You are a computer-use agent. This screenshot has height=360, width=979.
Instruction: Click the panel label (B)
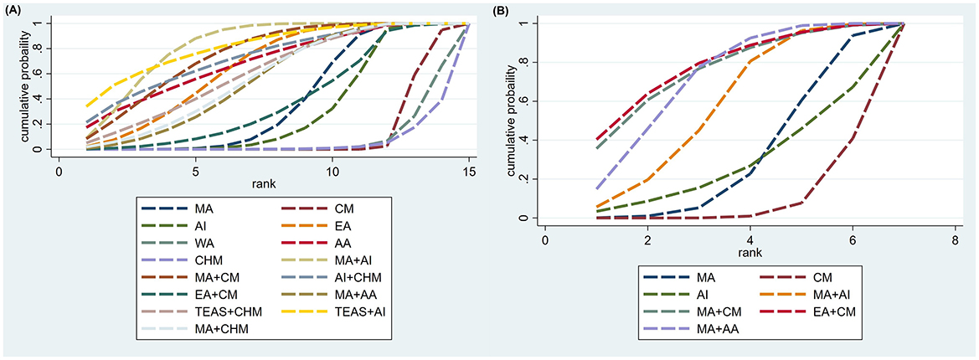[501, 12]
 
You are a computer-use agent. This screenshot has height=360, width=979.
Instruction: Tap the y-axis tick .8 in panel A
[39, 49]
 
